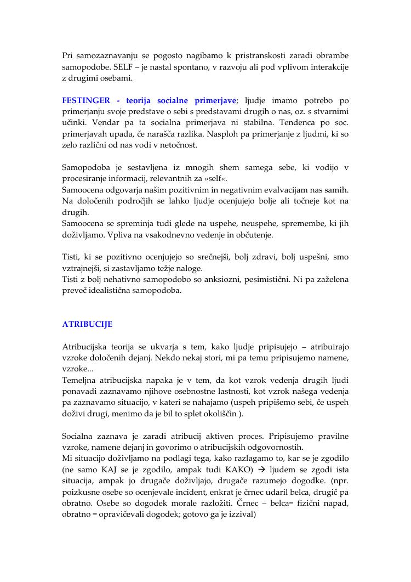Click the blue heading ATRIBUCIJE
(x=87, y=324)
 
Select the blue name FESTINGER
(x=86, y=101)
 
